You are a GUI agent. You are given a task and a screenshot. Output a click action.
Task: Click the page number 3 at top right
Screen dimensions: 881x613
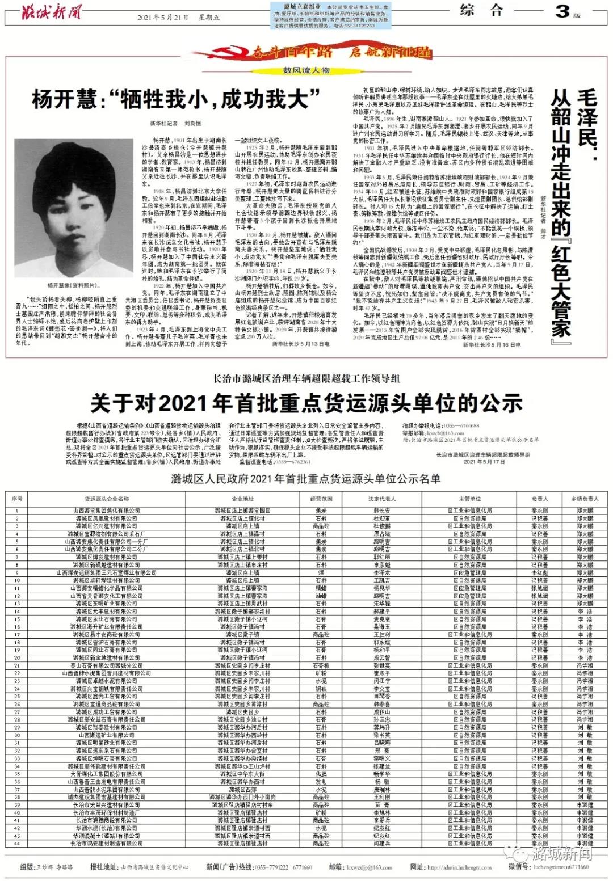[x=561, y=11]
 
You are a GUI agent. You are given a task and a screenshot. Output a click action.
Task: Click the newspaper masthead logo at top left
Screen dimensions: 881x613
[x=52, y=12]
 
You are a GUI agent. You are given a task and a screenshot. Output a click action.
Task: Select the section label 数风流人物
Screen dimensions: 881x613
[x=306, y=70]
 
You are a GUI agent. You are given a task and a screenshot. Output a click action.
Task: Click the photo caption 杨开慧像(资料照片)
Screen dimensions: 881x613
[x=73, y=285]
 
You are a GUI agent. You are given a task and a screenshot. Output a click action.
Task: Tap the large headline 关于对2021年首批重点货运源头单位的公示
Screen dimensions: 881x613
[x=306, y=403]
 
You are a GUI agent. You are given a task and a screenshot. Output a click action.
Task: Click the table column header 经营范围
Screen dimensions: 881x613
[x=321, y=499]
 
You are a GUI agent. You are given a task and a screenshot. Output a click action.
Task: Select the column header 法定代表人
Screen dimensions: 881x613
[x=382, y=499]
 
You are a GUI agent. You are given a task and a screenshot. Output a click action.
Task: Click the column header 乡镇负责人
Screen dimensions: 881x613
[x=585, y=499]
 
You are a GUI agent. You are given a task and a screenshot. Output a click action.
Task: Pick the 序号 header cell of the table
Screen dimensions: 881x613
[x=17, y=499]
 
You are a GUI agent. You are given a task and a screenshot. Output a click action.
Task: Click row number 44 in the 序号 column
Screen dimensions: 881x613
[x=17, y=844]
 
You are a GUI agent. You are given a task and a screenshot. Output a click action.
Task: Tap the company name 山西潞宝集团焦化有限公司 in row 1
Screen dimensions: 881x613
[x=106, y=511]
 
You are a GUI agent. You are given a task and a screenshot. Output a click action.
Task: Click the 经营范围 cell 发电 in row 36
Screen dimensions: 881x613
[x=321, y=782]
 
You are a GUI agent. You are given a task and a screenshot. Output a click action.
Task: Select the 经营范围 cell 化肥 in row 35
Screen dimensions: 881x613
[x=321, y=774]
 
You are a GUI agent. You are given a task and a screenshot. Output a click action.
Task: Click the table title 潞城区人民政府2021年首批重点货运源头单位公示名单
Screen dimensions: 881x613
[x=306, y=479]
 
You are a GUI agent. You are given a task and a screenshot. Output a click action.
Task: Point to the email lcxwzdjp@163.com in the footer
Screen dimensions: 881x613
[x=369, y=867]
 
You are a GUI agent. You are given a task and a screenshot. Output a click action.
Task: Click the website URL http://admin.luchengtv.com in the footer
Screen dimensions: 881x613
[x=459, y=867]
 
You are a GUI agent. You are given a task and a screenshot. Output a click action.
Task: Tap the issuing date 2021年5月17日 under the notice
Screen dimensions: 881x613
[x=484, y=462]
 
